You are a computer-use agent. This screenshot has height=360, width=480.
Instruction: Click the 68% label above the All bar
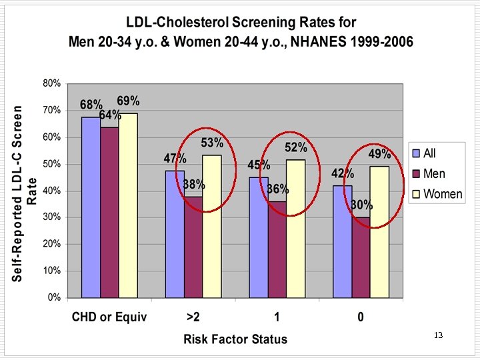click(91, 105)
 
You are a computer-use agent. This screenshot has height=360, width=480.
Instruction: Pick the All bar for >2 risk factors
click(175, 233)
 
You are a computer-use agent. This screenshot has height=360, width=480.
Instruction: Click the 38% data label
click(194, 185)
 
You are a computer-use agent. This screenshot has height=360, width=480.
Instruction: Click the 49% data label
click(379, 154)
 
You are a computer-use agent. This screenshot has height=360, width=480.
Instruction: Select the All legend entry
click(429, 153)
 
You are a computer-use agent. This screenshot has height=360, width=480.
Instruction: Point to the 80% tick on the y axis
click(52, 83)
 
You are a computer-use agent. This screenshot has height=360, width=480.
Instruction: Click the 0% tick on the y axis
click(55, 297)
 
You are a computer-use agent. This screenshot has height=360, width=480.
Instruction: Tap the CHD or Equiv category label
click(109, 317)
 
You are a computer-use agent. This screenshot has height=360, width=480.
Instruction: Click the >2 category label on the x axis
click(193, 317)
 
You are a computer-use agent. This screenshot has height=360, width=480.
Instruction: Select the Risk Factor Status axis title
click(235, 339)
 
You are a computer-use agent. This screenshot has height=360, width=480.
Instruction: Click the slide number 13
click(438, 335)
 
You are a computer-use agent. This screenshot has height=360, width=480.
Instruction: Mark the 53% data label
click(212, 143)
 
